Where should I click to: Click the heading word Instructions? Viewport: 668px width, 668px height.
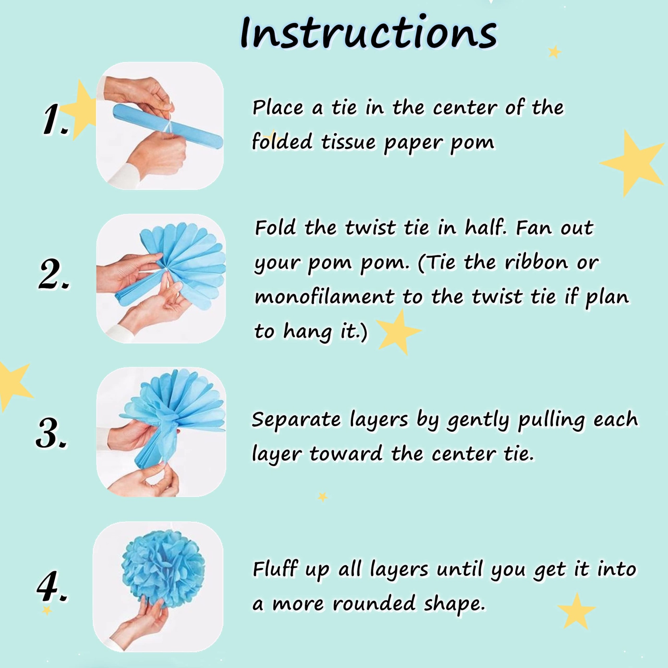(x=369, y=33)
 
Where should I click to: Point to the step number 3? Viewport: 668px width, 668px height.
(x=52, y=433)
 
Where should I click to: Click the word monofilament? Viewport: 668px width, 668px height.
(x=325, y=297)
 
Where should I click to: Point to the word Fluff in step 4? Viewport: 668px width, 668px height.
(x=275, y=569)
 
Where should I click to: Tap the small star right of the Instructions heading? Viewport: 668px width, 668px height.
(x=554, y=52)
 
